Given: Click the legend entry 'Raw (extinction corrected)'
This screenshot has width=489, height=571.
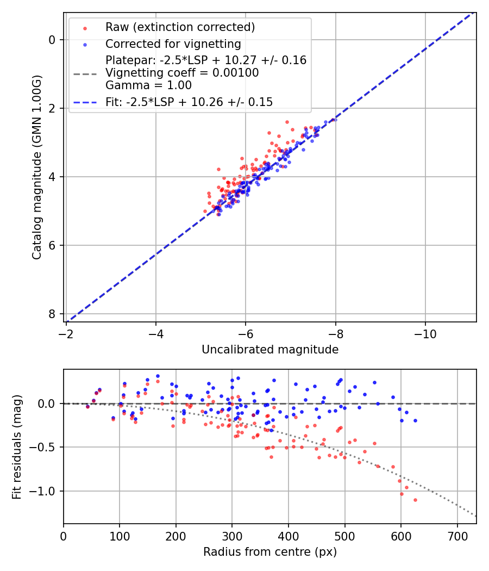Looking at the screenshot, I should tap(180, 27).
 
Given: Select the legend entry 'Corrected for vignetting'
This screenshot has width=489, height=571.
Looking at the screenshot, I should tap(173, 44).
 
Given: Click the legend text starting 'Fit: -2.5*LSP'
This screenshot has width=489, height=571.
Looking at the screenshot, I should tap(189, 102).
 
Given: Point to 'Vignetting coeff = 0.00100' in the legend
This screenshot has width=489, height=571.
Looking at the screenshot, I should tap(182, 73).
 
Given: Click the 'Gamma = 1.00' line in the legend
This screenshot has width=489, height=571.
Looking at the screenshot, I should tap(148, 85).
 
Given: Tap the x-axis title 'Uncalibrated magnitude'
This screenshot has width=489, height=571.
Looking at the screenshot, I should tap(270, 350).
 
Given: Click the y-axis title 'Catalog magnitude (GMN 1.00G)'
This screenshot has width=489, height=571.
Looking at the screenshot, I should tap(36, 167).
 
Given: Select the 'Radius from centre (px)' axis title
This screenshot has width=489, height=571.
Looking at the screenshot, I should tap(270, 552).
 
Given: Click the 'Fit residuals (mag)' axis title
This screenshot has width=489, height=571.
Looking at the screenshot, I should tap(17, 446).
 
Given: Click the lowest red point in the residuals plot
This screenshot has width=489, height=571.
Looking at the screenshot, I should tap(415, 500).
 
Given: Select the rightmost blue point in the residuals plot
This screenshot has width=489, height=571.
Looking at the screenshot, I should tap(415, 420).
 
